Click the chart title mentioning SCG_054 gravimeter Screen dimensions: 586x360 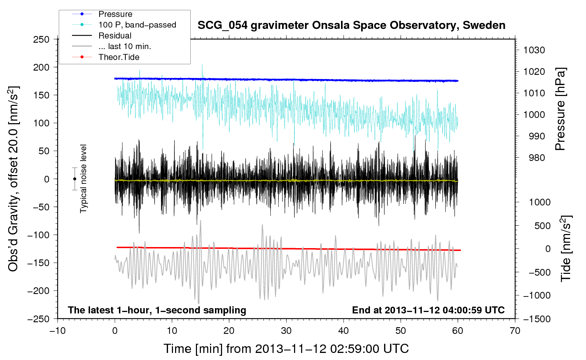351,25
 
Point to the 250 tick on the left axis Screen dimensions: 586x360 41,40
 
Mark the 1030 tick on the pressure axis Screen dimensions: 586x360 534,50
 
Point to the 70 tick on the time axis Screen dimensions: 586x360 515,331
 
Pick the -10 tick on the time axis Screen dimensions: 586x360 58,331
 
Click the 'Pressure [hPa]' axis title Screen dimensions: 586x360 560,109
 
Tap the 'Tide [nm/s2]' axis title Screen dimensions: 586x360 566,248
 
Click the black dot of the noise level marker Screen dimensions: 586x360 74,179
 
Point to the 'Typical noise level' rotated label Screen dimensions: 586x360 83,179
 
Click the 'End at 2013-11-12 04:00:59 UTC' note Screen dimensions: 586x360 428,310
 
